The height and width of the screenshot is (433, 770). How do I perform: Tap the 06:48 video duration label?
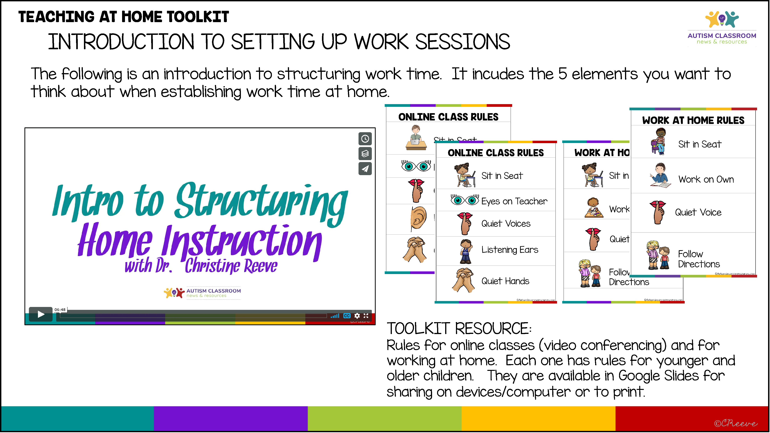[60, 310]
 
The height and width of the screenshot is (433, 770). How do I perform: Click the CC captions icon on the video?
[347, 316]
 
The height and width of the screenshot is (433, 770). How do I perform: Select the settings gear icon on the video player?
[357, 316]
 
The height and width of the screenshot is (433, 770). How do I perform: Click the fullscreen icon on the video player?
[366, 316]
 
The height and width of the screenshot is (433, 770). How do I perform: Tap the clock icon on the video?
[365, 139]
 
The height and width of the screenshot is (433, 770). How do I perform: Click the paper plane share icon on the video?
[365, 169]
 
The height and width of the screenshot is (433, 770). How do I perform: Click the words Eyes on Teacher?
[514, 201]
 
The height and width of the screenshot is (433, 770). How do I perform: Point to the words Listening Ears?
[510, 250]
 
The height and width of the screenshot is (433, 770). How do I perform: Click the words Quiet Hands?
[505, 281]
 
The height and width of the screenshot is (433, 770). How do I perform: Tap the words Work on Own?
[706, 179]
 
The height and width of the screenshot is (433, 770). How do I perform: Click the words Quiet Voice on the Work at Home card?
[698, 212]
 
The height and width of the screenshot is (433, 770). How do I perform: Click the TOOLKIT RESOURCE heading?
[459, 329]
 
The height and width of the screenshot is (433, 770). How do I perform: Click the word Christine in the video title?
[212, 265]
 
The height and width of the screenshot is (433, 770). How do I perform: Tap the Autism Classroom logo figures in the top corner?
[722, 19]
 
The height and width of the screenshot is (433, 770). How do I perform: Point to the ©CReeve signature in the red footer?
[735, 423]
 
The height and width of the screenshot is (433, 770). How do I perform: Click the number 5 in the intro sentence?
[563, 74]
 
